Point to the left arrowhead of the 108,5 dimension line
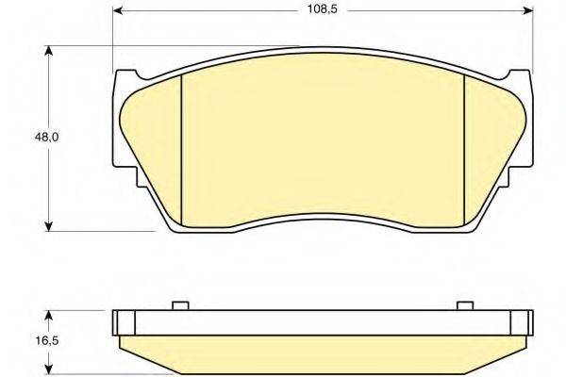click(x=117, y=12)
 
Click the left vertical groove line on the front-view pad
click(x=179, y=151)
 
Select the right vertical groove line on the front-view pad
click(x=466, y=151)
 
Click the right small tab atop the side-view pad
click(x=463, y=305)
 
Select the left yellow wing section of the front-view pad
click(x=151, y=141)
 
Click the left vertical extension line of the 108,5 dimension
click(x=113, y=38)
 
